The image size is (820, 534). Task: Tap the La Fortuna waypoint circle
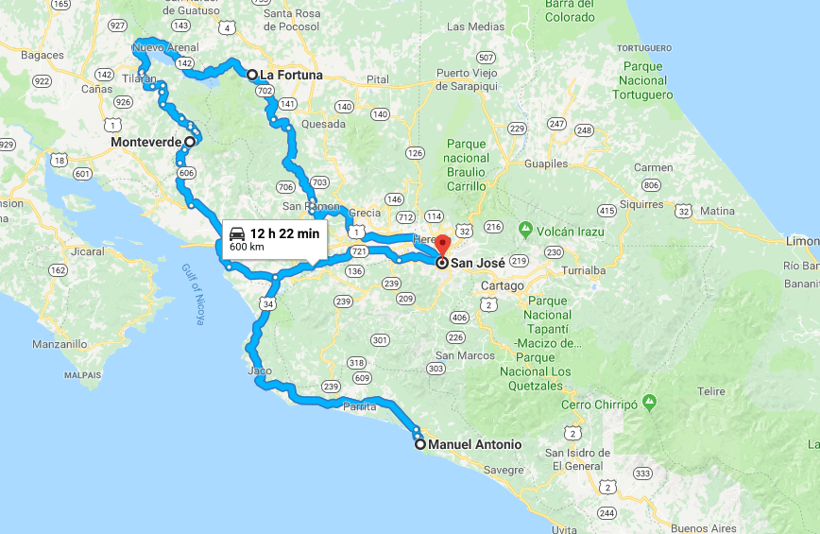coord(252,76)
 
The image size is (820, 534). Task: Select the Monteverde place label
coord(145,142)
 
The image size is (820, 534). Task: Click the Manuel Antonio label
coord(474,444)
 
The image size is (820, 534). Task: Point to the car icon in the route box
coord(237,233)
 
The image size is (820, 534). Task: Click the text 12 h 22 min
coord(284,233)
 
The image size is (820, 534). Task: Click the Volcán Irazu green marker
coord(525,229)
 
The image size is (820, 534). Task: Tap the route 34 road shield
coord(268,304)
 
